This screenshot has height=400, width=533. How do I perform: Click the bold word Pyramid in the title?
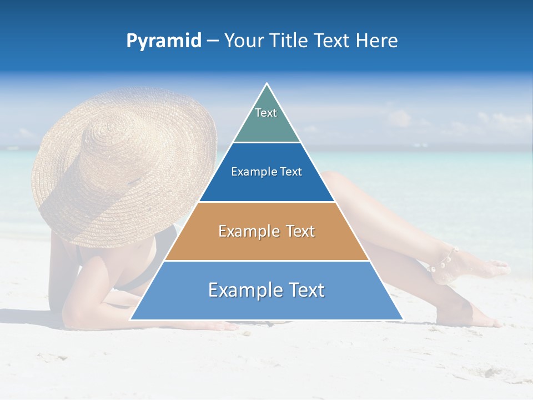163,41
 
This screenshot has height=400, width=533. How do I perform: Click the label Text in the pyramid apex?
266,113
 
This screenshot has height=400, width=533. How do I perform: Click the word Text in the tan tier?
300,231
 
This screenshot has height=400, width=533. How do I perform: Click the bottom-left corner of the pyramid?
131,319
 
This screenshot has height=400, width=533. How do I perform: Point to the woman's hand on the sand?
222,327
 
